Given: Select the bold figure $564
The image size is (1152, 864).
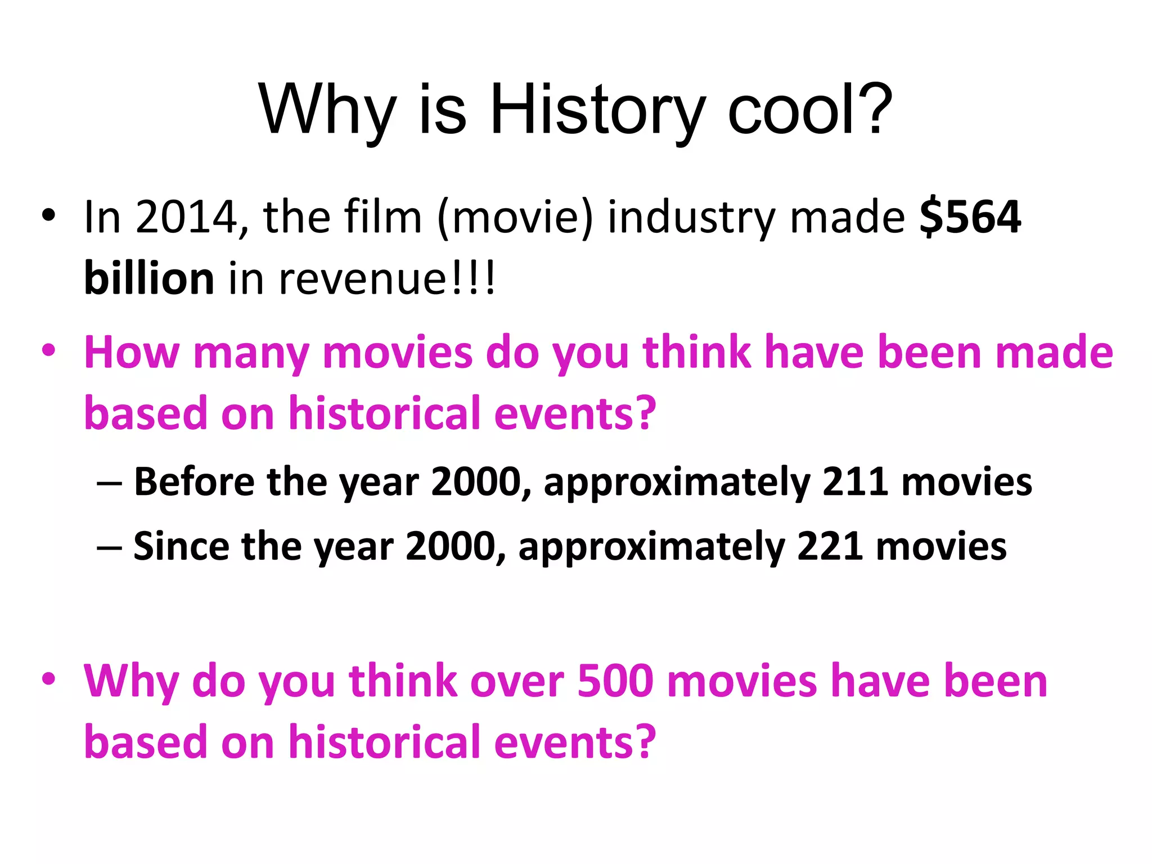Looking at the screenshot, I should point(970,217).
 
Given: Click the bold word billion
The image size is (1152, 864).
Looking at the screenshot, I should point(149,278).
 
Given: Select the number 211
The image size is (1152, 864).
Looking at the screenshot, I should point(855,482).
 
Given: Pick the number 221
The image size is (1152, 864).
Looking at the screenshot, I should point(830,546).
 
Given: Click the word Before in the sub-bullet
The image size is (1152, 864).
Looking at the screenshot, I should point(193,482).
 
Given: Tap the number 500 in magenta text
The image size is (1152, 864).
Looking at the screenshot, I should point(615,681).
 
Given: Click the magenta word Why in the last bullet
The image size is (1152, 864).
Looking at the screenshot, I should point(131,682).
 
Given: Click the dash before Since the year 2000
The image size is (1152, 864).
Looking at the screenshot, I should point(109,547).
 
